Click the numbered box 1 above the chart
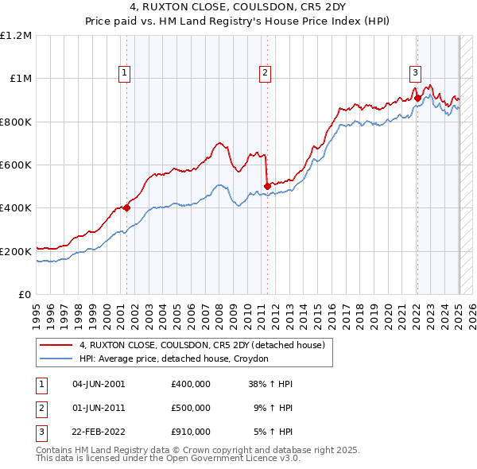126,73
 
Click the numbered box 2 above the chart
265,73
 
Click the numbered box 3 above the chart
415,73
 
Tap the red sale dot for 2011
266,187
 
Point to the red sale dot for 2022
417,99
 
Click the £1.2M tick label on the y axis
16,36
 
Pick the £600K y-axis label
16,165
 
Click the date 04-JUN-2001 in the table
99,383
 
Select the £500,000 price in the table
191,408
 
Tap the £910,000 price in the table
191,432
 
